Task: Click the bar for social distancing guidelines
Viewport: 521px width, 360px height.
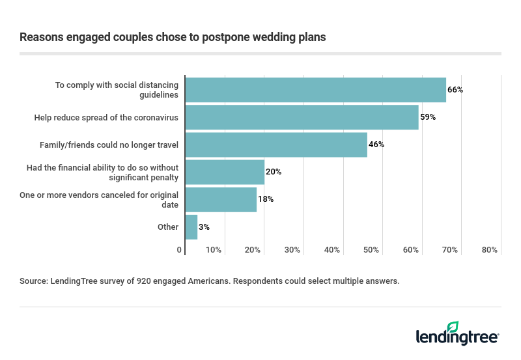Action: coord(316,90)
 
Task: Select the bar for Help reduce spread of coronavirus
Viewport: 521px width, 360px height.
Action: coord(302,117)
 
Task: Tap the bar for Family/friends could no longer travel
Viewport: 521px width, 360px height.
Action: coord(276,145)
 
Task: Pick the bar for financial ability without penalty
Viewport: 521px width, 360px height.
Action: coord(225,172)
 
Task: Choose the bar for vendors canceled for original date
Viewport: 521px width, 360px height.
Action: coord(221,199)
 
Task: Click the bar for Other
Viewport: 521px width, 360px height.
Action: coord(191,227)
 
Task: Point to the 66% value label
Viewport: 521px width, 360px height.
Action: coord(455,90)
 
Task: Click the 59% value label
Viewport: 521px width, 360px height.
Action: coord(427,117)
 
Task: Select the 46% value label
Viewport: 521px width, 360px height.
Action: coord(376,145)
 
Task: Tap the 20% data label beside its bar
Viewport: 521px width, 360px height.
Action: coord(274,172)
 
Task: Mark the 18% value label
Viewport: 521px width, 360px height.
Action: coord(266,199)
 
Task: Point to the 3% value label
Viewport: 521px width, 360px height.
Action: coord(204,227)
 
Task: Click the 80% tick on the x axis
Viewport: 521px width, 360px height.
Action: coord(490,250)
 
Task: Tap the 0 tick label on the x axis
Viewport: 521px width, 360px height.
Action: coord(180,250)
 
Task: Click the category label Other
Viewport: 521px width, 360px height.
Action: coord(168,227)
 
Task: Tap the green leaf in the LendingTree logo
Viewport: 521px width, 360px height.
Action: coord(453,327)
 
